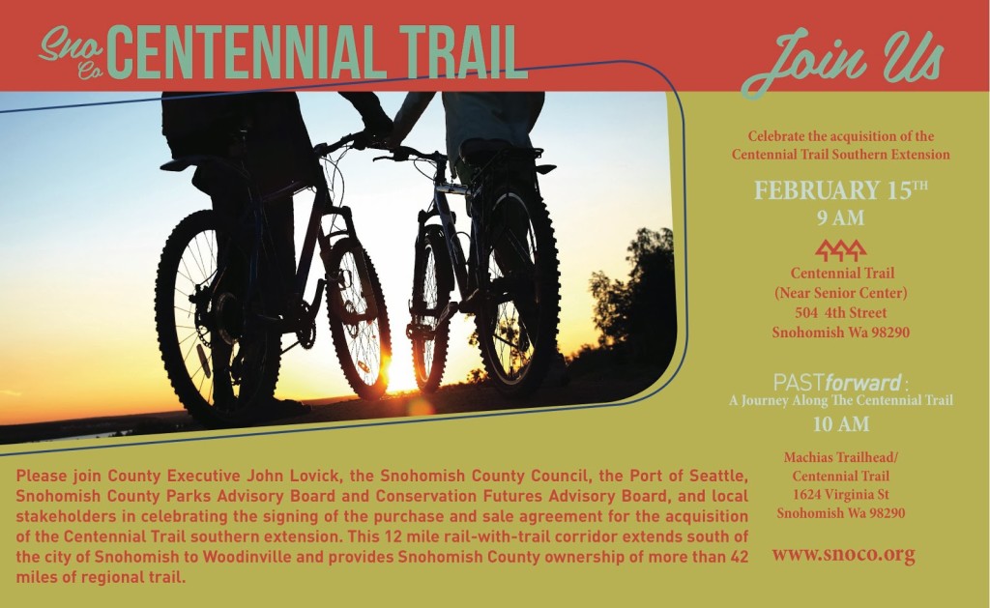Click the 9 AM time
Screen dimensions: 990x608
[840, 218]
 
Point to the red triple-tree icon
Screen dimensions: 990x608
[840, 250]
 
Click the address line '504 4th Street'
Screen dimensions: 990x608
[840, 312]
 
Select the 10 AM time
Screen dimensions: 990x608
[840, 424]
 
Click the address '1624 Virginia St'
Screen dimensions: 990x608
[841, 494]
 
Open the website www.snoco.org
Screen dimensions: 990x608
[843, 554]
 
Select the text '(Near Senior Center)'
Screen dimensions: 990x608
[840, 293]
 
